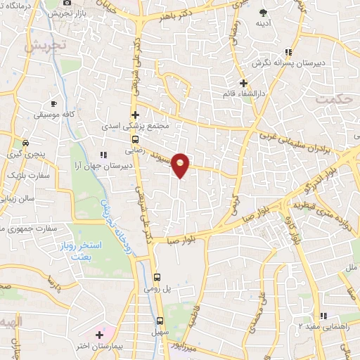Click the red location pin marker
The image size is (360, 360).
[181, 165]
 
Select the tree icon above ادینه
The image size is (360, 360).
[264, 13]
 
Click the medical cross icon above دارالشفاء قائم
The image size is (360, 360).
[243, 83]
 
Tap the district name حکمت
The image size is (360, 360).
[333, 99]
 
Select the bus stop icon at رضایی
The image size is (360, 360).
[135, 139]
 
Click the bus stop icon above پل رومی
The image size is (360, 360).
[157, 278]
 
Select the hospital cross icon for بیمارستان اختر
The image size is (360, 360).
[99, 334]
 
